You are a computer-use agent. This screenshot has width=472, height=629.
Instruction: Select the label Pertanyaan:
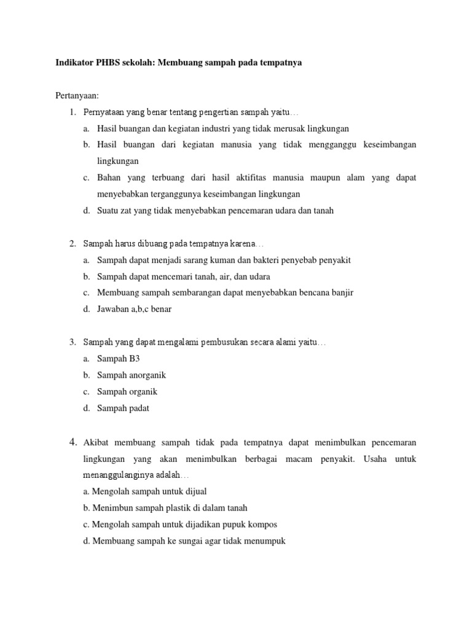(77, 96)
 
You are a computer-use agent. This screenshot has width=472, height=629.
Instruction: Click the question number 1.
(72, 112)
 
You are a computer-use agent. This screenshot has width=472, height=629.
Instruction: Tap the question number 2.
(72, 244)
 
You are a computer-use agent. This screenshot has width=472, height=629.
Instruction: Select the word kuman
(241, 260)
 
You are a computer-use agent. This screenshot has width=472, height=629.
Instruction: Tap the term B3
(135, 359)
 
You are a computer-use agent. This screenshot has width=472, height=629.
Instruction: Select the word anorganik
(147, 375)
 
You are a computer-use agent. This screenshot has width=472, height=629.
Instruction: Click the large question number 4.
(72, 442)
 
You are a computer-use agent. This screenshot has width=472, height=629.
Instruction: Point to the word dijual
(194, 491)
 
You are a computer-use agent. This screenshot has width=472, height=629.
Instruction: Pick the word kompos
(264, 525)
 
